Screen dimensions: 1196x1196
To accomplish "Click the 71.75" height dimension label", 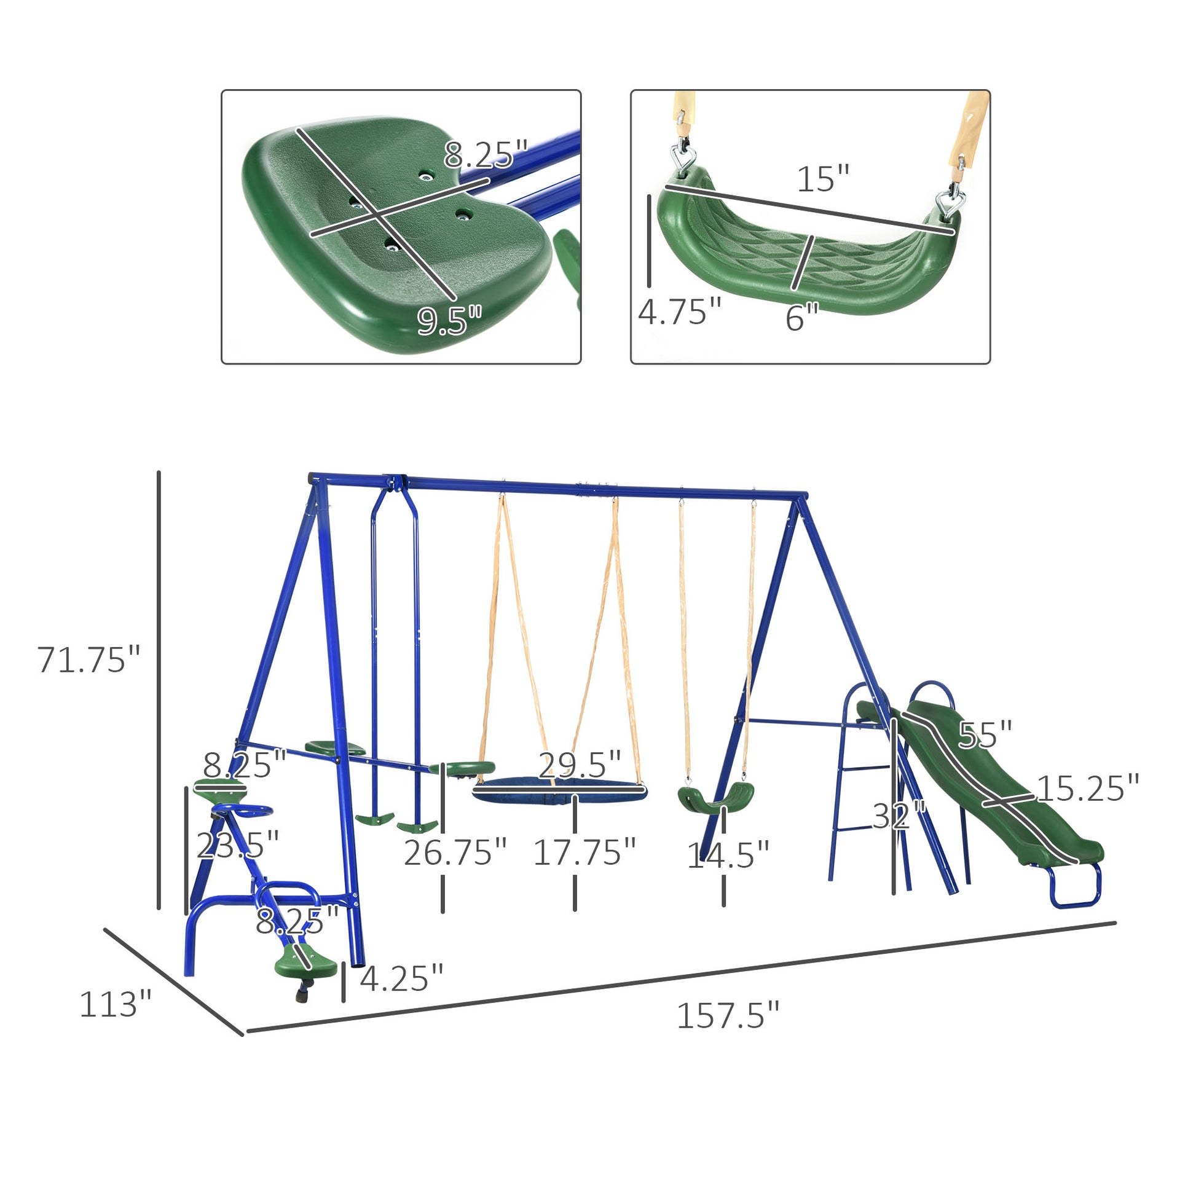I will click(89, 660).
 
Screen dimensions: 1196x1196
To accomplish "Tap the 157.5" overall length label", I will click(728, 1017).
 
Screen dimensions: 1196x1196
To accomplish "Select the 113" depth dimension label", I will click(116, 1004).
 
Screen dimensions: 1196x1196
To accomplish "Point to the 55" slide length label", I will click(985, 735).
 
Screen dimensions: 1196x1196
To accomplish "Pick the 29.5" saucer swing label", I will click(580, 765).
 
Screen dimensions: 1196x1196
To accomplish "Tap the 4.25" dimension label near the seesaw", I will click(402, 978).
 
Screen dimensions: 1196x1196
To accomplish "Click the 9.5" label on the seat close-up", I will click(449, 320).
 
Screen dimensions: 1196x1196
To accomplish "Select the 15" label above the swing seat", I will click(823, 179).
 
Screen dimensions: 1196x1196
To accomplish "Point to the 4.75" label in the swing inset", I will click(680, 312).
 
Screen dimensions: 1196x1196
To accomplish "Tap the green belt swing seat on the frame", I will click(715, 798).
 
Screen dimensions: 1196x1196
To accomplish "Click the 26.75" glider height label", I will click(455, 853).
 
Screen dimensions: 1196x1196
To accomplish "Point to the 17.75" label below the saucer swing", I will click(584, 852).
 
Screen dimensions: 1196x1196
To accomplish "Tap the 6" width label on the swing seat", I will click(802, 318).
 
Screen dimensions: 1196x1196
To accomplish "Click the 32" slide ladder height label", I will click(898, 817).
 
